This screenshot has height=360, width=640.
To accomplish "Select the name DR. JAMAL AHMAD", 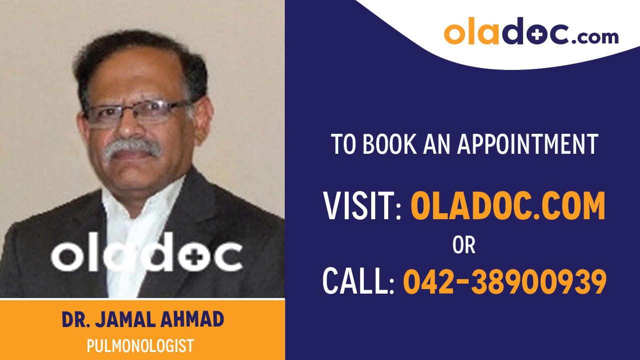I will pyautogui.click(x=143, y=320).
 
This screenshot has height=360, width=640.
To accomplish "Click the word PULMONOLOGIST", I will pyautogui.click(x=140, y=346).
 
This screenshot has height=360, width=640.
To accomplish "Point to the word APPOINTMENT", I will pyautogui.click(x=528, y=144).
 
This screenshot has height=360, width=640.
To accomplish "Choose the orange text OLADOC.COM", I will pyautogui.click(x=508, y=206).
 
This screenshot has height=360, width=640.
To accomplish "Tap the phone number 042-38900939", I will pyautogui.click(x=505, y=281).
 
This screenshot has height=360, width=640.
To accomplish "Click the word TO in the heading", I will pyautogui.click(x=344, y=144).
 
